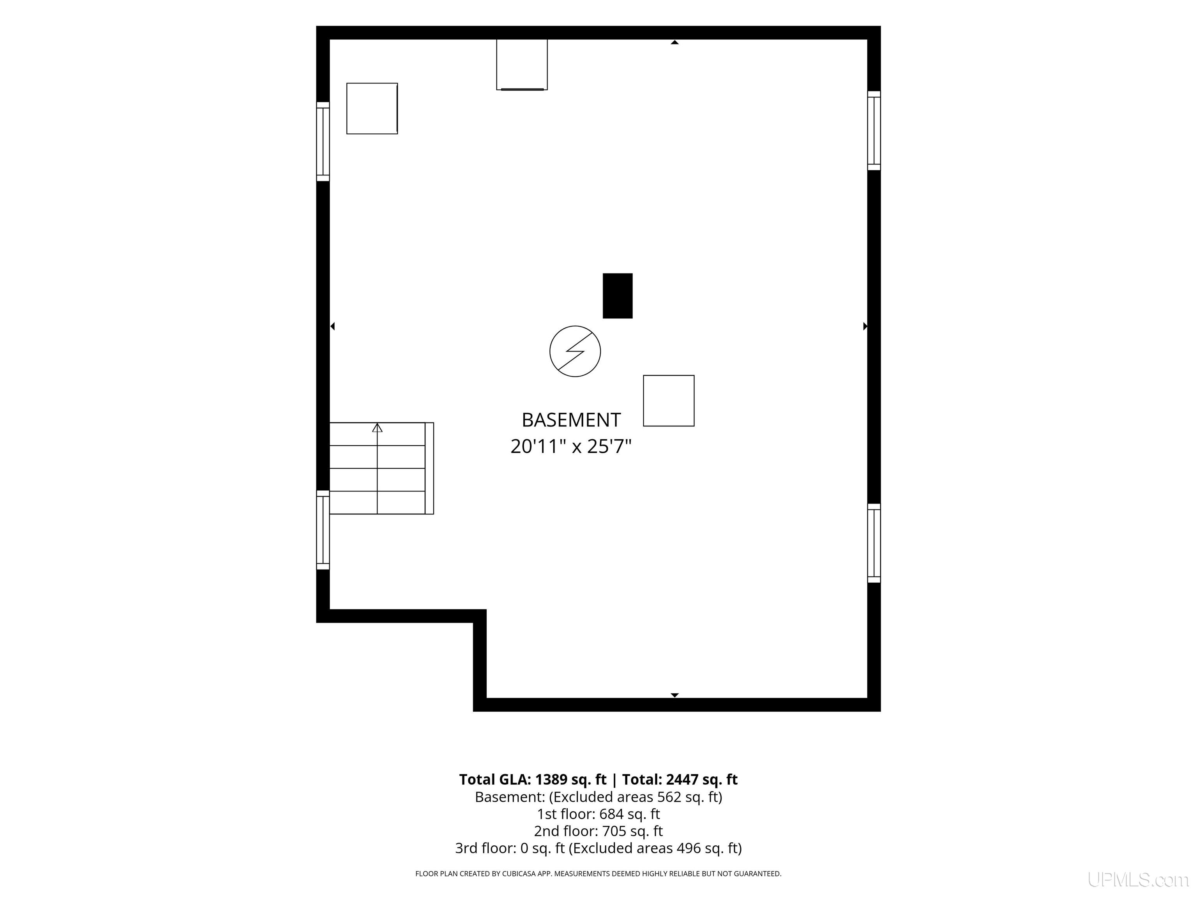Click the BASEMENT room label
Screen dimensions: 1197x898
pyautogui.click(x=571, y=420)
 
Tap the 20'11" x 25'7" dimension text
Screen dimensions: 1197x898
pyautogui.click(x=571, y=447)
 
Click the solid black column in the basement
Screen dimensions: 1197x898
pyautogui.click(x=618, y=295)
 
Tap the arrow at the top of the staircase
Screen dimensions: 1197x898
pyautogui.click(x=377, y=428)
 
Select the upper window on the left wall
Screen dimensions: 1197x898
pyautogui.click(x=323, y=141)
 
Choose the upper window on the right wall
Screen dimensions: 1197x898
pyautogui.click(x=874, y=131)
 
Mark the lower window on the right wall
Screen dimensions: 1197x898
pyautogui.click(x=874, y=543)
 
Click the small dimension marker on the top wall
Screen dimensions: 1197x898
pyautogui.click(x=674, y=42)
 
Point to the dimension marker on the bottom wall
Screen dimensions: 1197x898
pyautogui.click(x=674, y=695)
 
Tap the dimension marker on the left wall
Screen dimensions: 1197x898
pyautogui.click(x=332, y=326)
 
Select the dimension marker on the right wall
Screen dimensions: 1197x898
pyautogui.click(x=865, y=326)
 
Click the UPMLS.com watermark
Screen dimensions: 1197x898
pyautogui.click(x=1138, y=880)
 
